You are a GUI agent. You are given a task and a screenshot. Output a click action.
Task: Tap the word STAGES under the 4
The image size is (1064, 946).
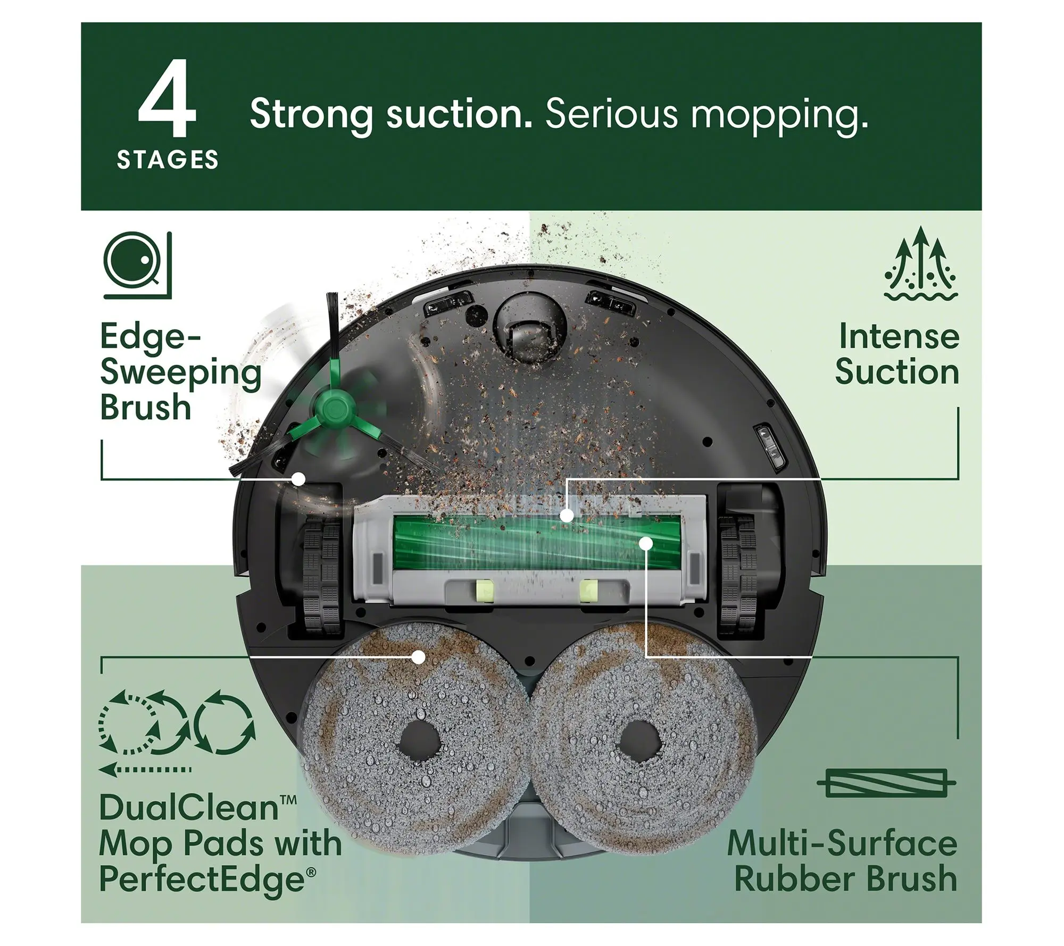click(x=168, y=160)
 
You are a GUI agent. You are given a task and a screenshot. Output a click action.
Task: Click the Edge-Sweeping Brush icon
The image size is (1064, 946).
click(x=138, y=264)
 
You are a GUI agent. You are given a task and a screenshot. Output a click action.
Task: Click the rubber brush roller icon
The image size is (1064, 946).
click(x=886, y=783)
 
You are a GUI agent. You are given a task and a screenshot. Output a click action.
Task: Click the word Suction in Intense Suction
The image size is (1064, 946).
click(x=897, y=372)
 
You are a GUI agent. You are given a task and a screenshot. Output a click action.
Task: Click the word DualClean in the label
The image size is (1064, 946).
click(x=189, y=808)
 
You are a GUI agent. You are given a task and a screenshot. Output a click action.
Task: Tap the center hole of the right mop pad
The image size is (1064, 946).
click(x=640, y=742)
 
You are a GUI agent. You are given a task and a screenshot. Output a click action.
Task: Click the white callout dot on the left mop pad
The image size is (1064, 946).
click(x=419, y=657)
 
